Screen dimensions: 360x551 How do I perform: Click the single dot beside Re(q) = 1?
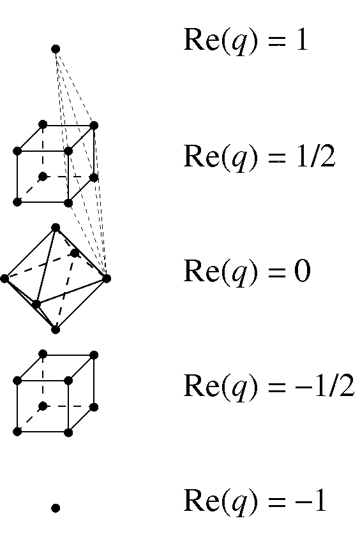(x=56, y=49)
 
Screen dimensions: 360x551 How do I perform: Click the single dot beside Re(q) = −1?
(x=56, y=508)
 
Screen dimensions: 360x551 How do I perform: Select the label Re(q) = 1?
(x=246, y=40)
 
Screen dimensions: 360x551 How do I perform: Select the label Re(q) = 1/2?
(x=259, y=157)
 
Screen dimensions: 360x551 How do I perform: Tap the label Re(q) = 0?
(x=247, y=272)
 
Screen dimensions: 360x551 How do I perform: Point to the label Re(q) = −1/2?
(x=269, y=386)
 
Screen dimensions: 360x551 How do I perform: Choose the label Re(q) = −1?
(x=255, y=502)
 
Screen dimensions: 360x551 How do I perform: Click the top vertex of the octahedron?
(x=56, y=228)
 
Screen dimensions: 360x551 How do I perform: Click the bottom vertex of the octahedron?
(x=56, y=329)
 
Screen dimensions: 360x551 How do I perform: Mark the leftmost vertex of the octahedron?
(x=4, y=279)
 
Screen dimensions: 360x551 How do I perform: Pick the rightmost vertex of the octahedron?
(x=107, y=279)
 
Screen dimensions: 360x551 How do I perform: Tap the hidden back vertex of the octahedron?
(x=75, y=253)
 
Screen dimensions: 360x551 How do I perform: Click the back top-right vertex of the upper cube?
(x=94, y=126)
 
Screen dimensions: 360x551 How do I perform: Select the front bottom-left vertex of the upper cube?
(x=17, y=202)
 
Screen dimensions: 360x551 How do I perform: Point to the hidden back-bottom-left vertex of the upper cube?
(x=43, y=177)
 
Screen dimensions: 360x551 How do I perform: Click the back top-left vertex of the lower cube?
(x=43, y=354)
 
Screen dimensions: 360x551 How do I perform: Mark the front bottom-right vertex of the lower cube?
(x=68, y=432)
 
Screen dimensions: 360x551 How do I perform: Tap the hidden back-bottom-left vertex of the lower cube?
(x=43, y=407)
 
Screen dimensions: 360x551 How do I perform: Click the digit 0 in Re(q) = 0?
(x=303, y=271)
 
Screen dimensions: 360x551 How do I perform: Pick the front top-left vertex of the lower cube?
(x=17, y=381)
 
